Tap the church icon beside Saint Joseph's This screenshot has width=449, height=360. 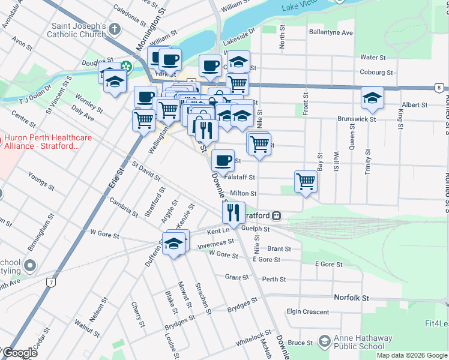pyautogui.click(x=116, y=28)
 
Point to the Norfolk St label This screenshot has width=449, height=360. pyautogui.click(x=351, y=298)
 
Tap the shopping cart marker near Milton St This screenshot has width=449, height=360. pyautogui.click(x=306, y=181)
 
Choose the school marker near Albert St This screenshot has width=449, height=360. pyautogui.click(x=372, y=97)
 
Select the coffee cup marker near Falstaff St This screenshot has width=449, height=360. pyautogui.click(x=223, y=160)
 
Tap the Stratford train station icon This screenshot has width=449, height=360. pyautogui.click(x=277, y=215)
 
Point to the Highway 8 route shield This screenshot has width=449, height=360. pyautogui.click(x=439, y=88)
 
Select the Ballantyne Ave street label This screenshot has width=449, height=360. pyautogui.click(x=330, y=32)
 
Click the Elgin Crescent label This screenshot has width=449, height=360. pyautogui.click(x=307, y=312)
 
